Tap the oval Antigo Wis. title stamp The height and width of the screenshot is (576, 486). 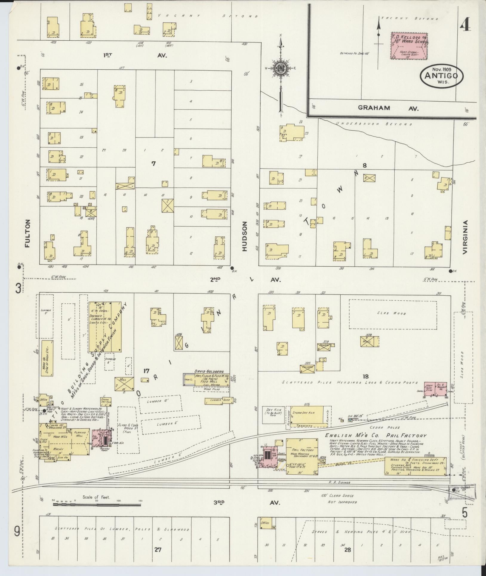point(442,76)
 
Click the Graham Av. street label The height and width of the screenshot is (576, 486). point(388,108)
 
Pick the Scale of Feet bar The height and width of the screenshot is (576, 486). point(97,505)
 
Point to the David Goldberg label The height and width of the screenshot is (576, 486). point(209,371)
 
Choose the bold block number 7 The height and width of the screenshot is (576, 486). point(153,163)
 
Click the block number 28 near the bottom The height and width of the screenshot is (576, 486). point(347,549)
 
